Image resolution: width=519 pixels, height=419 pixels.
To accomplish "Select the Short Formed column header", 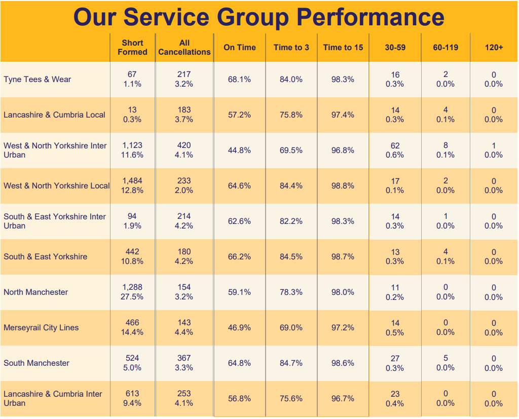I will (x=132, y=47).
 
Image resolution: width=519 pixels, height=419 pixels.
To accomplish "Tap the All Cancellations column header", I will (x=184, y=47).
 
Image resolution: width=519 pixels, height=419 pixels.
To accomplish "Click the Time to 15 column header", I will (x=343, y=47).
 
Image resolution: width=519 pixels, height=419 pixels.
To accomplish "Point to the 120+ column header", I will (x=494, y=47).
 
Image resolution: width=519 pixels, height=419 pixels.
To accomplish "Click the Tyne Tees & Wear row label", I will (x=37, y=79).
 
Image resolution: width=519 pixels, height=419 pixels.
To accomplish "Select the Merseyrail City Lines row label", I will (x=41, y=327).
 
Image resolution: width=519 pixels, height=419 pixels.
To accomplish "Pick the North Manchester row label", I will (x=35, y=292).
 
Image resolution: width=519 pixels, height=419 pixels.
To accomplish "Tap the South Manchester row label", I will (x=36, y=363).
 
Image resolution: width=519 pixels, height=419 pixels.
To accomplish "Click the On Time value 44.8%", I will (x=239, y=150).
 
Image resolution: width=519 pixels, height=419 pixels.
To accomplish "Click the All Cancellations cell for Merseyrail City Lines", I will (x=184, y=327).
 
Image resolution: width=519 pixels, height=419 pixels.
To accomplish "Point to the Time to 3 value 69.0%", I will (x=291, y=327).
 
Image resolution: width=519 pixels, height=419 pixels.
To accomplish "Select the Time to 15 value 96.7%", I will (x=343, y=398).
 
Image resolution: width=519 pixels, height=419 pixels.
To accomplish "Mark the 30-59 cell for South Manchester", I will (x=395, y=363).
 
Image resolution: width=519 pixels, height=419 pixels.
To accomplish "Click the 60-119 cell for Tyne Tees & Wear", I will (x=446, y=79).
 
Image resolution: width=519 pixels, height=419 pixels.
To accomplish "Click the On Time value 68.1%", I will (x=239, y=79).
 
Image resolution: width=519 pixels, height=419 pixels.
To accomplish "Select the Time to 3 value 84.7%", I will (x=291, y=363).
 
